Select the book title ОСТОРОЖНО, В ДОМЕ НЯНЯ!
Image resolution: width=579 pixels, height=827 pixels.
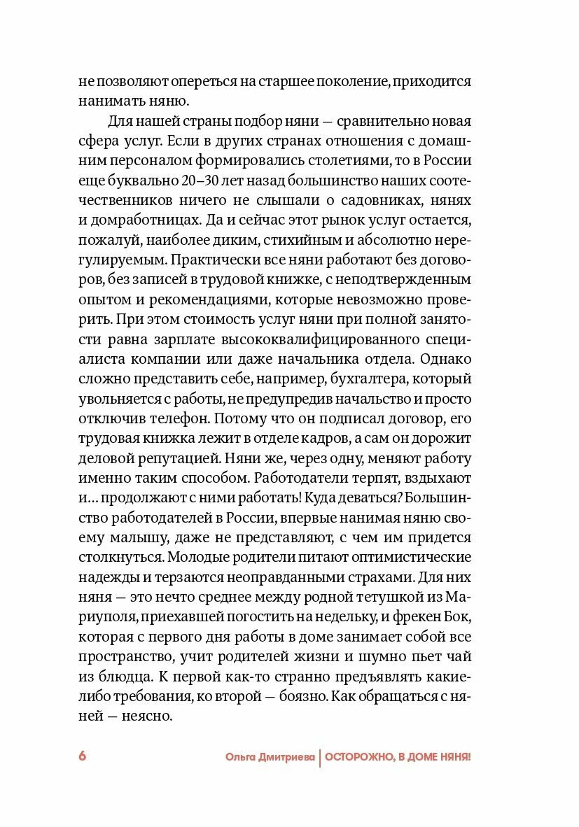(398, 757)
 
